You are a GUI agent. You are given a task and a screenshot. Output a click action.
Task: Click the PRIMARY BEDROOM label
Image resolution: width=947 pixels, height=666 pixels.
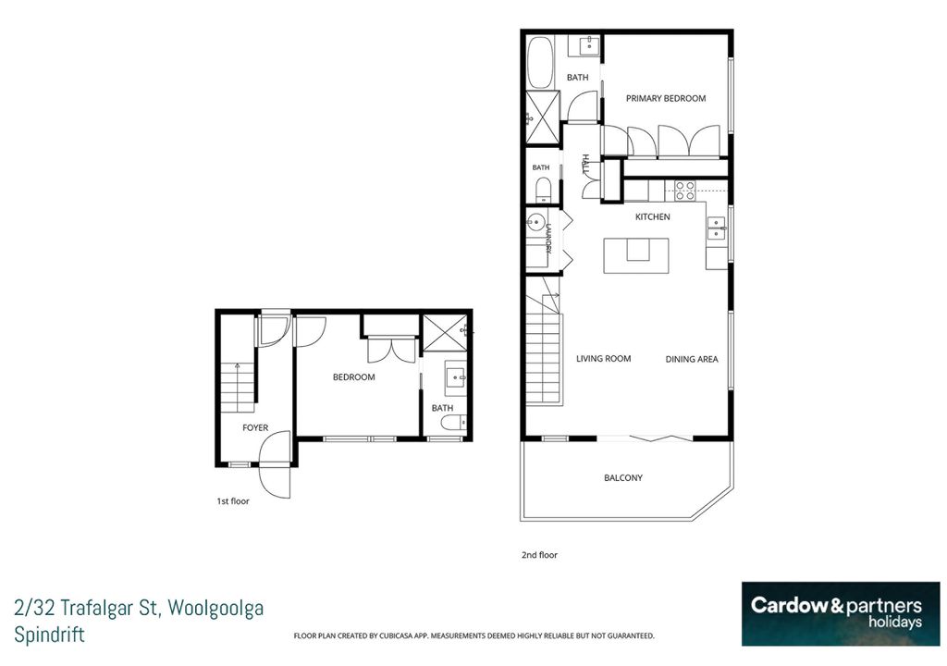coord(666,98)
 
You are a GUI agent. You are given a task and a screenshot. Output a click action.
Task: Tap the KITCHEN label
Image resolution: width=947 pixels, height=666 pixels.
coord(652,217)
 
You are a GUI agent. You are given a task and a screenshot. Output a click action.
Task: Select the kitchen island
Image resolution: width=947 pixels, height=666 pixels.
coord(636,255)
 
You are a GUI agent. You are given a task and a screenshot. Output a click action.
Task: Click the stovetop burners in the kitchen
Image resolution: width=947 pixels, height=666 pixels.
coord(685,191)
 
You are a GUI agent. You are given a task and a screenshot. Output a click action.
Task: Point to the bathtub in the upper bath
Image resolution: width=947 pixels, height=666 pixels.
coord(540,63)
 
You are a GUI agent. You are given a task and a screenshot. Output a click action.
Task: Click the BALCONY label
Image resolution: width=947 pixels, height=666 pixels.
coord(623,478)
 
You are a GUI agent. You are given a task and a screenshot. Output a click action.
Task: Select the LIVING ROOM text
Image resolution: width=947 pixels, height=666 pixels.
coord(603,358)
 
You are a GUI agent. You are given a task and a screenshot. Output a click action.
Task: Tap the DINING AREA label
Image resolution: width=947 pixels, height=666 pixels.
coord(692,359)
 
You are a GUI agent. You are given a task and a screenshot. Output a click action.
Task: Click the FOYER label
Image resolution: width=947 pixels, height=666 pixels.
coord(255,428)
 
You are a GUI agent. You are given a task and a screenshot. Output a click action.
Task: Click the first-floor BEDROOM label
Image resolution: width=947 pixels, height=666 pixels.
coord(354,377)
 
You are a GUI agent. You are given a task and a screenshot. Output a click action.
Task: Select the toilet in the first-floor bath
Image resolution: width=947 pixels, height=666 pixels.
coord(453,423)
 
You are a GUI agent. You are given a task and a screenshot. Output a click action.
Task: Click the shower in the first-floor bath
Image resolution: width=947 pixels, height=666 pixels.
coord(445,333)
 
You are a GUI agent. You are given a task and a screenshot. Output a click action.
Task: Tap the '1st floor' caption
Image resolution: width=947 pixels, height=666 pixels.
coord(232,501)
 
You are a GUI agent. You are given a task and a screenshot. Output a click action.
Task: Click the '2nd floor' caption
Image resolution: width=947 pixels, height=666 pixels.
coord(539,555)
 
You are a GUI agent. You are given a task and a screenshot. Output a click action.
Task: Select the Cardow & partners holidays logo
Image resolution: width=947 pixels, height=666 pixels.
coord(841,614)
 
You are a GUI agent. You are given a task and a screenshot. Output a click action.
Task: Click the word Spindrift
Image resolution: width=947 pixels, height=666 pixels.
coord(50,635)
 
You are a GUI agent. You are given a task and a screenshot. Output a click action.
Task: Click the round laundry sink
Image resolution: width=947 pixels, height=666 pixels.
coord(535,222)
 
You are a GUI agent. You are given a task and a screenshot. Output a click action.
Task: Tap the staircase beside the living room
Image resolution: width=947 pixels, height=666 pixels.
coord(544,348)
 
